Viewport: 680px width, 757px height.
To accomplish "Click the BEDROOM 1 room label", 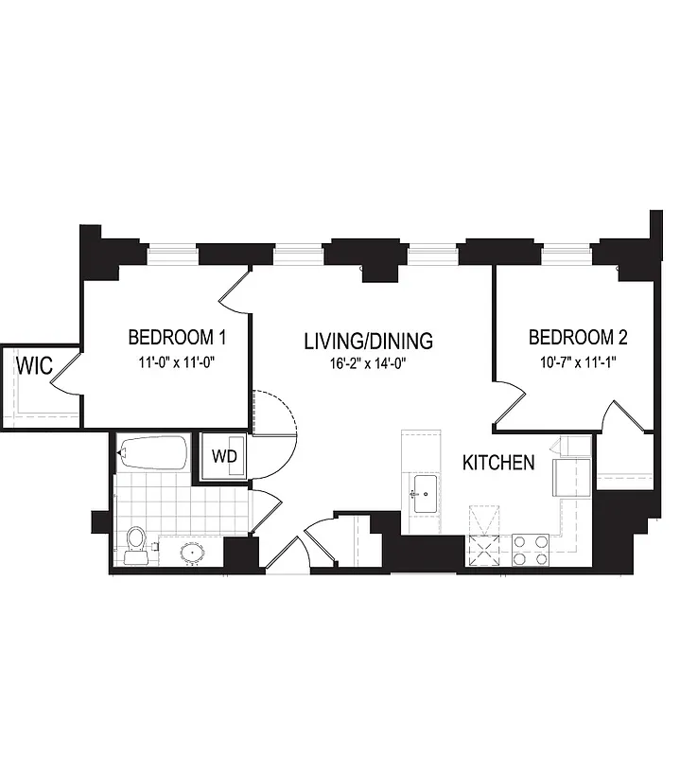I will click(177, 337).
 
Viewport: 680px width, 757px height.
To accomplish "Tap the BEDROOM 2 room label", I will click(578, 337).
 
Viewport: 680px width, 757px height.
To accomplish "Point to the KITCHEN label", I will click(498, 463).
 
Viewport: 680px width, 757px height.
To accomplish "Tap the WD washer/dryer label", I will click(223, 456).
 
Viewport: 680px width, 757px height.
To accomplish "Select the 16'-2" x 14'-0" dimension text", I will click(368, 363).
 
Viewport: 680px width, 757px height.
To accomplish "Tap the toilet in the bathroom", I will click(136, 544).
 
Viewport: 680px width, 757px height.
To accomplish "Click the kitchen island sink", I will click(423, 493).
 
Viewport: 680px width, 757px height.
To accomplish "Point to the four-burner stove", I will click(532, 550).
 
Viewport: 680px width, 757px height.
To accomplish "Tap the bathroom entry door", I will click(264, 511).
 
